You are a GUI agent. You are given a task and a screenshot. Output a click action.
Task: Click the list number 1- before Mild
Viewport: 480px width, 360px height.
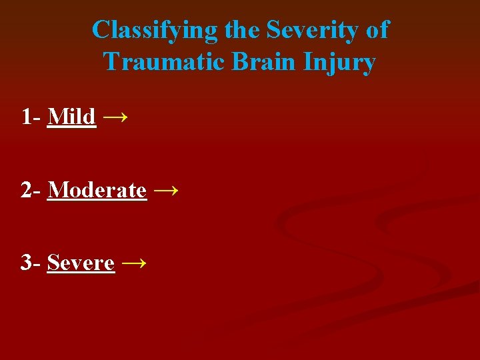point(32,117)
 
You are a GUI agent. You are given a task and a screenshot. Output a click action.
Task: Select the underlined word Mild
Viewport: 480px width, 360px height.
point(72,117)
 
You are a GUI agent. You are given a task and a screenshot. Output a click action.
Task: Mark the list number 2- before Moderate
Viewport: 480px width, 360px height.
point(32,190)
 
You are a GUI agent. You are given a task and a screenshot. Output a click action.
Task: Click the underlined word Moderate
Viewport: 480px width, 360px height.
point(97,190)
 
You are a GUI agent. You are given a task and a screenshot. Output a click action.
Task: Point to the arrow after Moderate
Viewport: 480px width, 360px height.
point(166,191)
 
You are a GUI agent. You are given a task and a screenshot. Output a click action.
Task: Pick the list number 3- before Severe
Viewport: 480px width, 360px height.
point(32,263)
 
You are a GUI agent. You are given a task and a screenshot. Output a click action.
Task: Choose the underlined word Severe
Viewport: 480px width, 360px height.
point(81,263)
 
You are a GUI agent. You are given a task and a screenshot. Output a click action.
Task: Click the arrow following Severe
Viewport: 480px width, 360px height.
point(134,263)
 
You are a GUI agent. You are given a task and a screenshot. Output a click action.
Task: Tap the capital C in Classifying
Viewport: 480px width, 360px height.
point(100,30)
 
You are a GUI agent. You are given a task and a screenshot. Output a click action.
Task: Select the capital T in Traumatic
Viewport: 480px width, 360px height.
point(111,62)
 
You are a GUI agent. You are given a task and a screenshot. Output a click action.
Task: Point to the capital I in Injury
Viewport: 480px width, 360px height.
point(307,62)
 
